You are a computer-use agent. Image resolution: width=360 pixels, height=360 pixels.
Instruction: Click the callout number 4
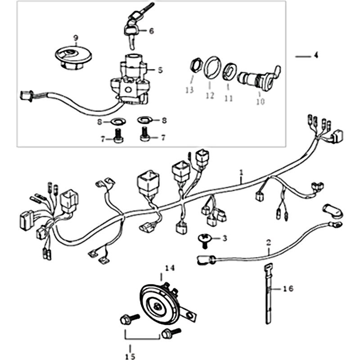tap(316, 56)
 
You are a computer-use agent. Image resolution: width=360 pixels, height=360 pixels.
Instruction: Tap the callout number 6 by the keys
tap(151, 31)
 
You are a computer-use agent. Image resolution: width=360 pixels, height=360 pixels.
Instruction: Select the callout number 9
tap(75, 37)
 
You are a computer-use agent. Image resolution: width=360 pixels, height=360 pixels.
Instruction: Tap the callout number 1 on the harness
tap(241, 172)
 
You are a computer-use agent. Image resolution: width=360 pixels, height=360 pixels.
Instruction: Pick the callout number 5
tap(160, 70)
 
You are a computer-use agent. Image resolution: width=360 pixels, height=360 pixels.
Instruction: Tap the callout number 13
tap(189, 90)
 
